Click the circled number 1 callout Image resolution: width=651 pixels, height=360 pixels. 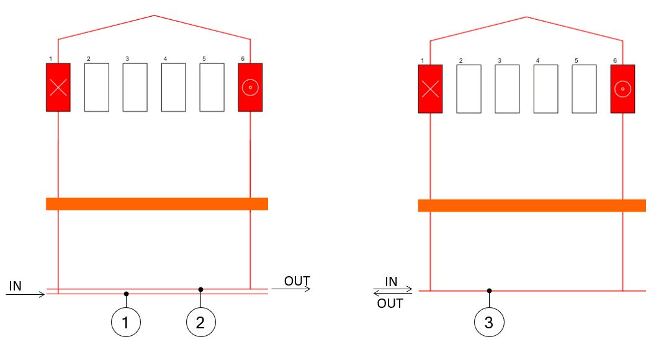click(x=126, y=322)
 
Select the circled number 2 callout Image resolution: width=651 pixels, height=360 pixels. click(x=202, y=322)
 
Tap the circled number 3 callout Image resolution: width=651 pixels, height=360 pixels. click(x=490, y=323)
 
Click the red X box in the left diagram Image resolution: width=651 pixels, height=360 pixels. click(x=58, y=88)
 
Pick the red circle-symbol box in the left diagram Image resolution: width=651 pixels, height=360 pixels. click(x=250, y=88)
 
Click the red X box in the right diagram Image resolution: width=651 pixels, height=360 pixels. click(x=430, y=89)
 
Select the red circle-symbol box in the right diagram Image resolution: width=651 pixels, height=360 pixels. click(x=622, y=89)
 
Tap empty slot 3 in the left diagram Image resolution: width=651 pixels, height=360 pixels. click(x=135, y=88)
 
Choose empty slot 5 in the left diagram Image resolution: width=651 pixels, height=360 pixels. click(x=212, y=88)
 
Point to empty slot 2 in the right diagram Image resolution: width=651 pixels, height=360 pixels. click(x=469, y=89)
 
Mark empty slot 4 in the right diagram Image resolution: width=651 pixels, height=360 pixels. click(x=545, y=89)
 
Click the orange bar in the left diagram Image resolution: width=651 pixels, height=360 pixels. click(x=157, y=204)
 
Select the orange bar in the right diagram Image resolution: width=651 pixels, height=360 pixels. click(x=532, y=205)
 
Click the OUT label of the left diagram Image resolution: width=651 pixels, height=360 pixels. click(x=297, y=281)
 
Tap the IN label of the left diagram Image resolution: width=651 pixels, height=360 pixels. click(x=16, y=286)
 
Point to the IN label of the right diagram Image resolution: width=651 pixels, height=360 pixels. click(x=392, y=282)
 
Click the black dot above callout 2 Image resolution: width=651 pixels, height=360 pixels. click(x=201, y=289)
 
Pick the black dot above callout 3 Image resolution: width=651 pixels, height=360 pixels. click(x=489, y=290)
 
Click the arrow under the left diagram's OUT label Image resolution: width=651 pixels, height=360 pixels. click(x=291, y=289)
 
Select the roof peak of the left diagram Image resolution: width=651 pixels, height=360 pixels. click(x=154, y=16)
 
